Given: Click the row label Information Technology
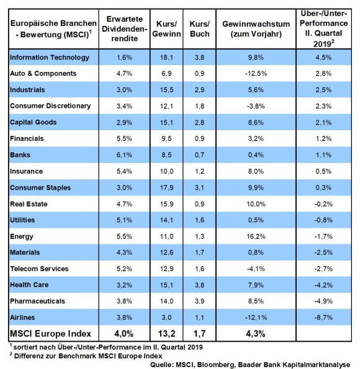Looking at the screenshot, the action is [x=50, y=58].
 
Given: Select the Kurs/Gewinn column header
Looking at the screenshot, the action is [x=166, y=29].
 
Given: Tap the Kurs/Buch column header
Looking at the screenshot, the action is [x=200, y=29].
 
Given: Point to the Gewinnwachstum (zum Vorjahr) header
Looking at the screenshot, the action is [x=256, y=29].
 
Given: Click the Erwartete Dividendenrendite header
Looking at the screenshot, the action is [x=124, y=29].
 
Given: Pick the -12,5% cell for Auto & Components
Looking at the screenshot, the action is [x=256, y=73].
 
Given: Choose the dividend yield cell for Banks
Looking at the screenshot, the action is [x=124, y=155].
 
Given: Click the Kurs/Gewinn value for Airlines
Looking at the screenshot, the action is [x=166, y=318].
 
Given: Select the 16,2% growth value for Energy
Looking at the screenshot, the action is [x=256, y=236].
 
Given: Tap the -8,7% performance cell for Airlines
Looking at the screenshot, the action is [x=323, y=318].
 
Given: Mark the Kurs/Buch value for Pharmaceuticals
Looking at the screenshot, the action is [x=200, y=301].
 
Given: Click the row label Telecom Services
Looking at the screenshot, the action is [x=39, y=269].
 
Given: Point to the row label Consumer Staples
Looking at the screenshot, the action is [x=40, y=188].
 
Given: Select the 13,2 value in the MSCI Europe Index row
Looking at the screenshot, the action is [x=166, y=334].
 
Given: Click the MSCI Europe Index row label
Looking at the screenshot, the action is [x=50, y=334].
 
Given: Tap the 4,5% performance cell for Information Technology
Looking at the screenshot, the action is [x=323, y=58].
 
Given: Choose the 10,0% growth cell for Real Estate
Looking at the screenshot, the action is [x=256, y=204].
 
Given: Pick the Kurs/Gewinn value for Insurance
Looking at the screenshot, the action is [x=166, y=171].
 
